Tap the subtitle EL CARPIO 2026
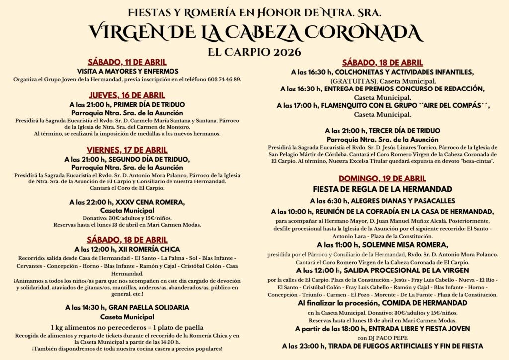point(254,51)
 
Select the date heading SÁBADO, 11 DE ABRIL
point(127,62)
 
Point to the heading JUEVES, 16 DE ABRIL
point(127,95)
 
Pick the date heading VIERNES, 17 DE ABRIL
point(127,150)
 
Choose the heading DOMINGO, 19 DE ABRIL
point(382,179)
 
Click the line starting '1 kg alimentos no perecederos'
point(127,327)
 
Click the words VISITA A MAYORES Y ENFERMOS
point(127,71)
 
